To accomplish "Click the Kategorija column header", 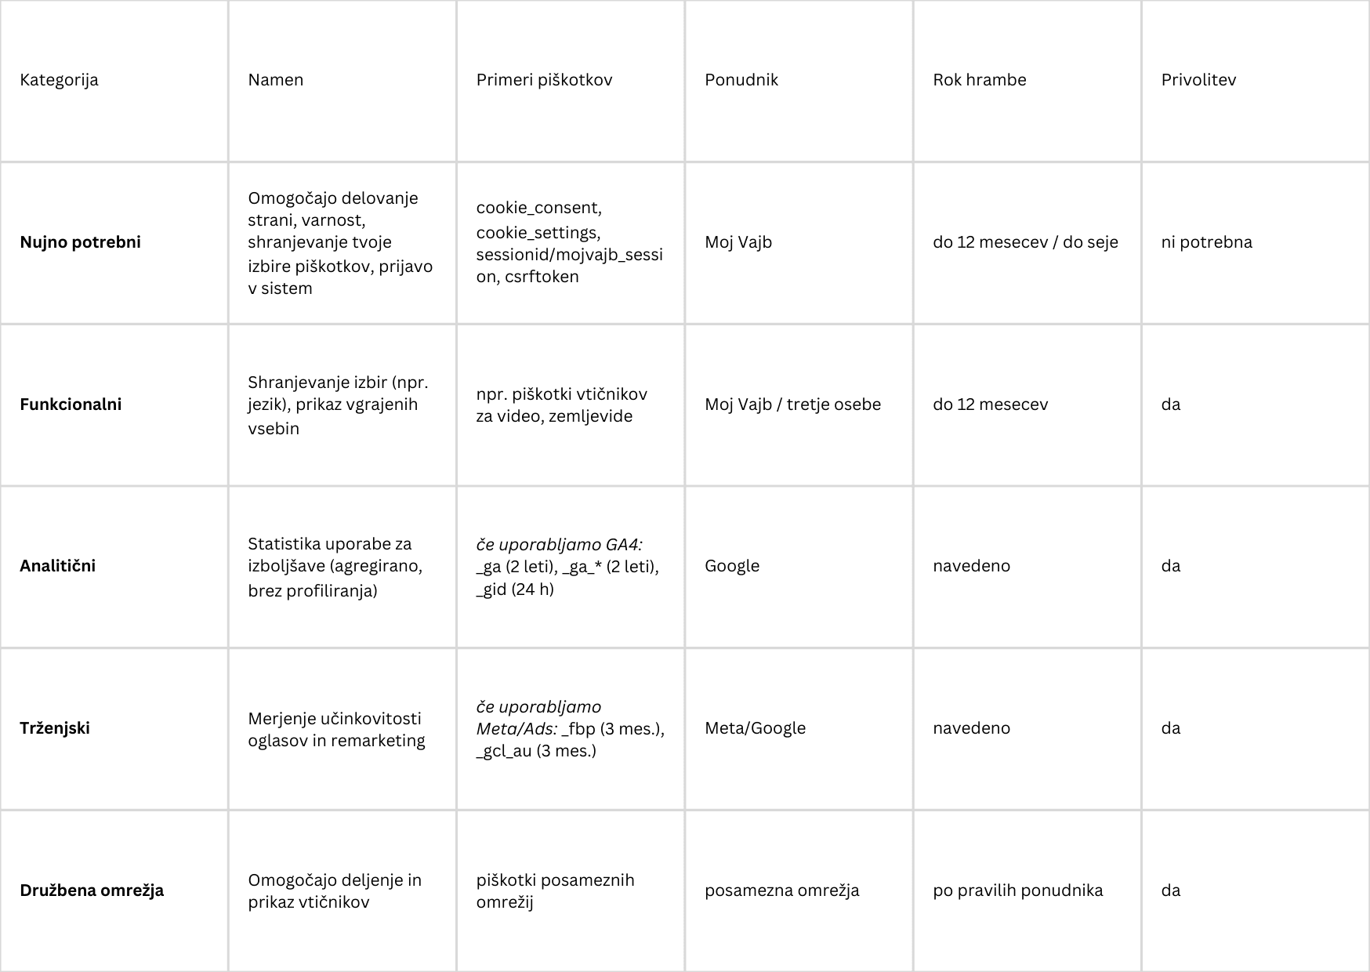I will click(x=59, y=80).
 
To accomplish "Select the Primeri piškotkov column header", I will click(x=544, y=80).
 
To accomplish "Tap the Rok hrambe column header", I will click(x=979, y=80).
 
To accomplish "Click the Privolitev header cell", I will click(x=1198, y=80).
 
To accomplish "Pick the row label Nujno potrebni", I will click(x=80, y=242).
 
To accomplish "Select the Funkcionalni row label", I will click(x=71, y=404).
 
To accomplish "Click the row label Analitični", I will click(x=57, y=566).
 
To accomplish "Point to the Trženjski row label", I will click(x=55, y=728).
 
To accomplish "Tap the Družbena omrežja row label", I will click(x=92, y=890).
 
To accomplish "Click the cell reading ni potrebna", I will click(x=1206, y=242).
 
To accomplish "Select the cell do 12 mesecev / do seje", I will click(x=1025, y=242).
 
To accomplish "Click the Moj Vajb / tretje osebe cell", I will click(x=792, y=404).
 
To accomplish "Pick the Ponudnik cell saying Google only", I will click(x=732, y=566).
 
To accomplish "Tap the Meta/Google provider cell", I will click(x=755, y=728).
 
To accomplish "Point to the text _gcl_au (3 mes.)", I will click(x=536, y=751).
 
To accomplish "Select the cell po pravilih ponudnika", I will click(x=1017, y=890).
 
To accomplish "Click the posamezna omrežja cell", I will click(x=781, y=890).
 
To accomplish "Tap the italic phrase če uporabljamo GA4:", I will click(x=559, y=544).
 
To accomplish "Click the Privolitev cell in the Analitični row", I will click(x=1171, y=566).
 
